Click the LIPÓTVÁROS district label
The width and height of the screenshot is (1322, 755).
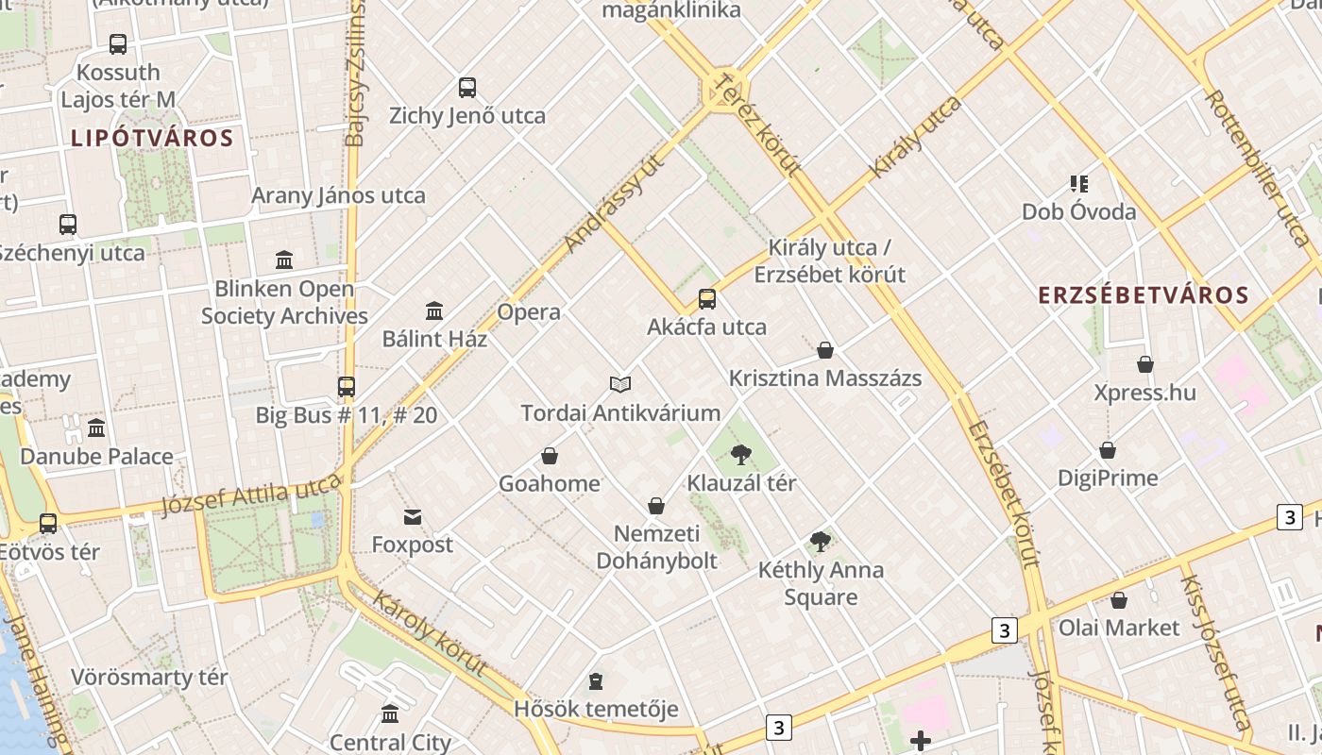pos(152,139)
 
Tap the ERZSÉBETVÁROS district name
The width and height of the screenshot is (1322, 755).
pos(1144,295)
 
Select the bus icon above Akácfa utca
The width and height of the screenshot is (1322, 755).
pos(707,299)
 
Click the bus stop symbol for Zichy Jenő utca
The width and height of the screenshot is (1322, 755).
pos(467,88)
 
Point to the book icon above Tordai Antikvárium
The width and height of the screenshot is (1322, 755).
pos(620,384)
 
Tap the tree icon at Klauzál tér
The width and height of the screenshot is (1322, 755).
pos(741,455)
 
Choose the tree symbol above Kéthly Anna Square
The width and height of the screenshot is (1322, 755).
pos(821,542)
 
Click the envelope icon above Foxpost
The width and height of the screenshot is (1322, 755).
pos(413,516)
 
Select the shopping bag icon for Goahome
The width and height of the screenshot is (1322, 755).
pos(550,456)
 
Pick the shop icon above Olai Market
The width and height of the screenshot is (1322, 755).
pos(1119,599)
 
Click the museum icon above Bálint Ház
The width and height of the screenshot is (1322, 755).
pos(434,310)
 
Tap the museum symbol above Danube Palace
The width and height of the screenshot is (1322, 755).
pos(96,428)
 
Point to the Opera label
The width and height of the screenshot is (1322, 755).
pos(529,312)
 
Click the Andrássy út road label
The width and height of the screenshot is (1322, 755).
pos(614,204)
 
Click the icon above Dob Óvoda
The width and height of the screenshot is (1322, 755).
pos(1079,183)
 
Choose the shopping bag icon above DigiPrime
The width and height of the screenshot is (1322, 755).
pos(1108,450)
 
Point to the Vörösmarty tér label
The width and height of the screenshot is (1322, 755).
pos(149,678)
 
